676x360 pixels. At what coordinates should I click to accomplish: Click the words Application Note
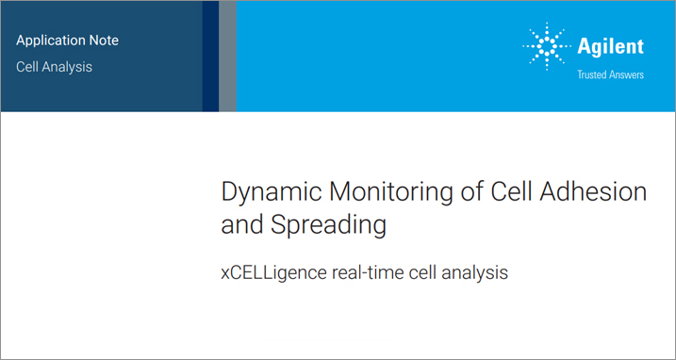(67, 41)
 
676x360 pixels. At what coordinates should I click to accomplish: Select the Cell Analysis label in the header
(54, 67)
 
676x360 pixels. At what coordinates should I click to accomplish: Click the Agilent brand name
(611, 46)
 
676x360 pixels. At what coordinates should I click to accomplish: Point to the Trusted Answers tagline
(610, 74)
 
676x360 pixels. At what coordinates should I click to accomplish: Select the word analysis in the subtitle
(473, 273)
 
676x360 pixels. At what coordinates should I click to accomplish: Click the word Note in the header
(102, 41)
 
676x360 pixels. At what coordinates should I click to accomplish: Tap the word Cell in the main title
(512, 191)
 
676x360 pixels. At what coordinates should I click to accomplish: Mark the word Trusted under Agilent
(592, 74)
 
